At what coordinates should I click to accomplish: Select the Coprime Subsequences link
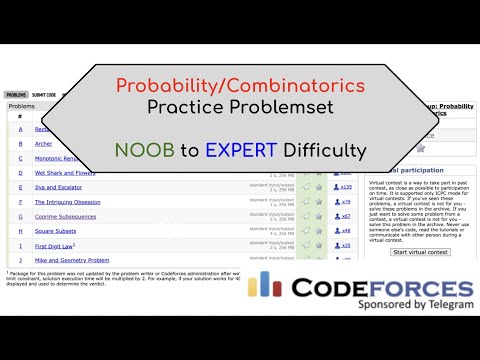[x=71, y=216]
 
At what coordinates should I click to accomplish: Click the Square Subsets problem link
[x=59, y=231]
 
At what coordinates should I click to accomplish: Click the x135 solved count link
[x=346, y=187]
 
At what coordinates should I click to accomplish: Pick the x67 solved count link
[x=345, y=216]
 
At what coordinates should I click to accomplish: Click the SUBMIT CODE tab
[x=44, y=95]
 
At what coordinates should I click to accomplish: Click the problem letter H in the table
[x=20, y=231]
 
